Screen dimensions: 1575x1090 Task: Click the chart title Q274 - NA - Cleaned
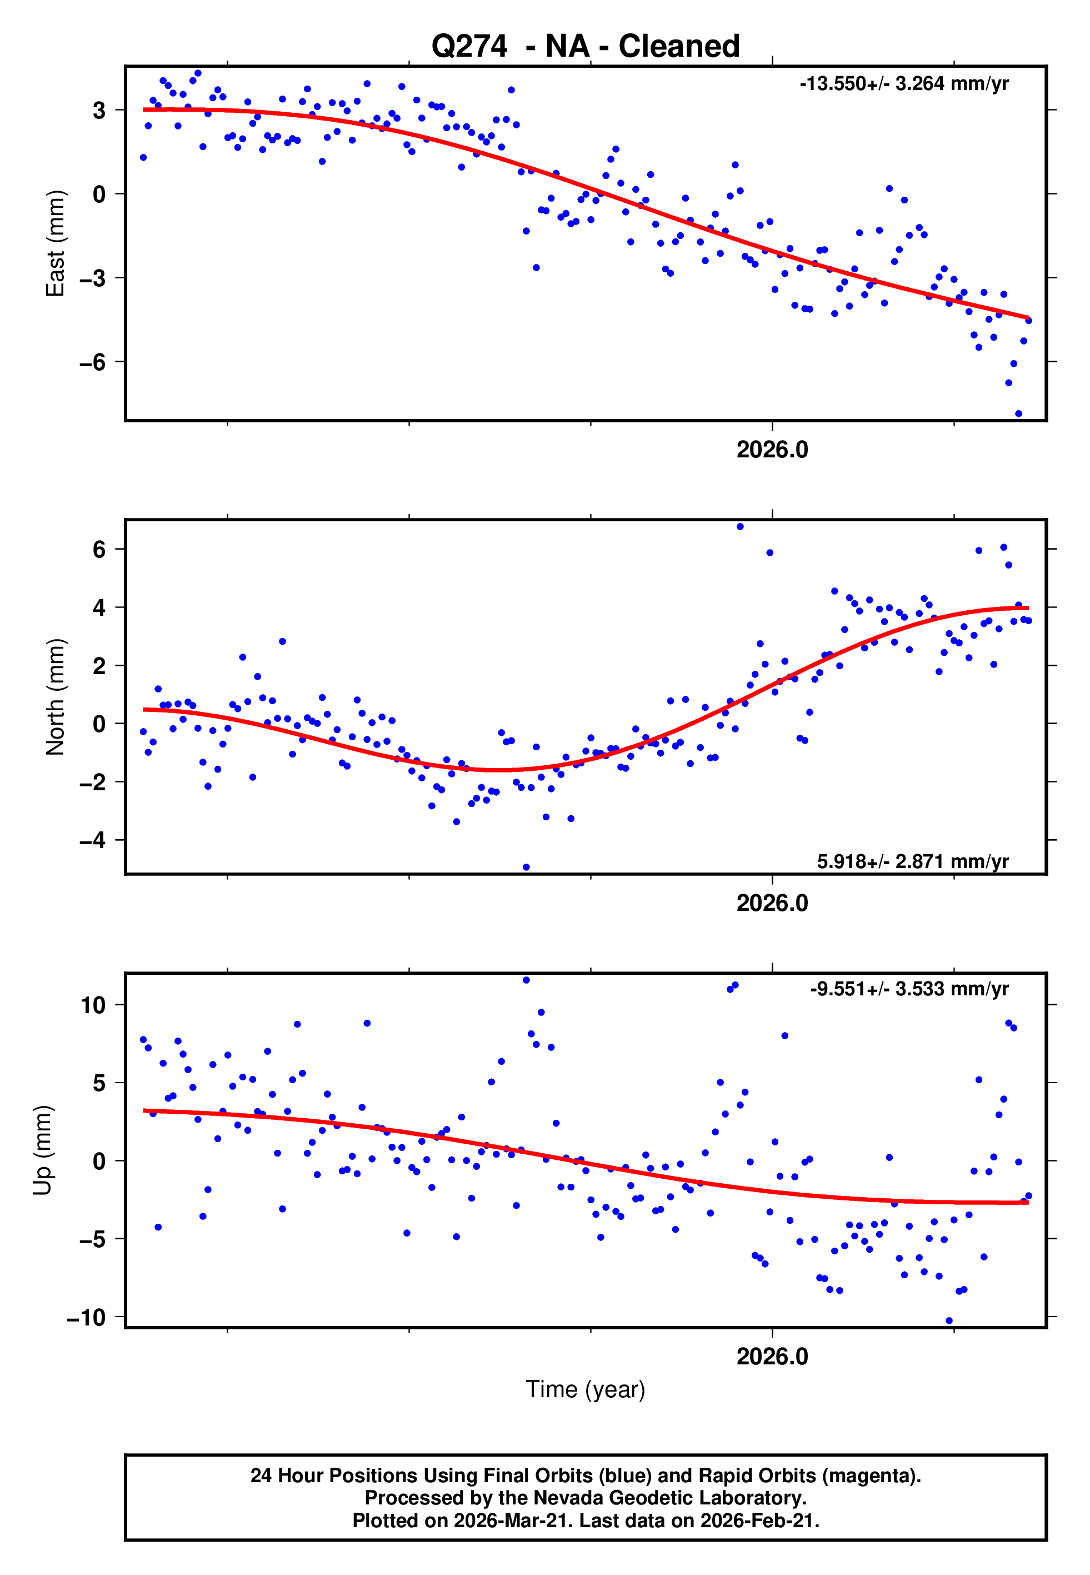coord(586,47)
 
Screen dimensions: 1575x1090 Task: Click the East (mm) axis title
coord(56,243)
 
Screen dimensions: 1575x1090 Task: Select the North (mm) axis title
coord(56,697)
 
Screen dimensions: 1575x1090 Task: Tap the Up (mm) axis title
coord(42,1150)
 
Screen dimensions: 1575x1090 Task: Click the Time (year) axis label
coord(586,1389)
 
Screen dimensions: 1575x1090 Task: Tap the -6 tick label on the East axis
coord(93,362)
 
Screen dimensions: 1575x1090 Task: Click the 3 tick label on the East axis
coord(99,110)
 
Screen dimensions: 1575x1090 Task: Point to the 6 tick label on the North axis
coord(99,549)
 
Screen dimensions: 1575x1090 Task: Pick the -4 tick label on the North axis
coord(93,840)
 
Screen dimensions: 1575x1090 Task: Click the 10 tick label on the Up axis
coord(93,1005)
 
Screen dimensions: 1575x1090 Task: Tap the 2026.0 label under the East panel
coord(772,450)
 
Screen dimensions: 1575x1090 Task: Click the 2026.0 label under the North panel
coord(772,904)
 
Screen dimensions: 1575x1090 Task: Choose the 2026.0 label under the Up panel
coord(772,1357)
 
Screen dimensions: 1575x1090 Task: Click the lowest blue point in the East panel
coord(1018,414)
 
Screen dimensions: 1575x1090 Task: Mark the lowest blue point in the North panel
coord(526,868)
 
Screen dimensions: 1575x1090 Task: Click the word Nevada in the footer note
coord(563,1498)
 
